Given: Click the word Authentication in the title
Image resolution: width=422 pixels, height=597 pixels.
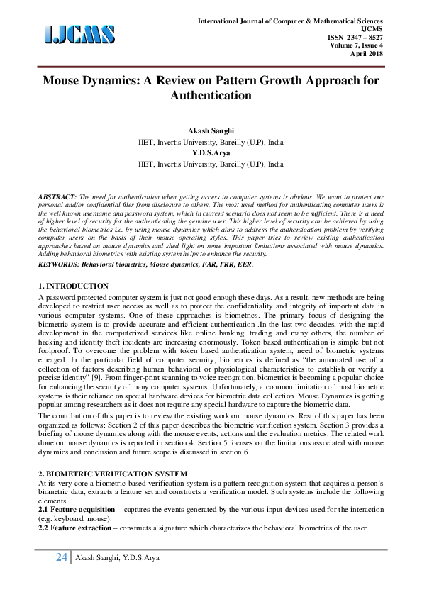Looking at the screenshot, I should [x=211, y=94].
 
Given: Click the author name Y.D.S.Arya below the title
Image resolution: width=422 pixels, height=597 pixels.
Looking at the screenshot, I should [x=211, y=152].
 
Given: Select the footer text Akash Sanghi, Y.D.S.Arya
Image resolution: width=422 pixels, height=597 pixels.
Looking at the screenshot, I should [x=118, y=559].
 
